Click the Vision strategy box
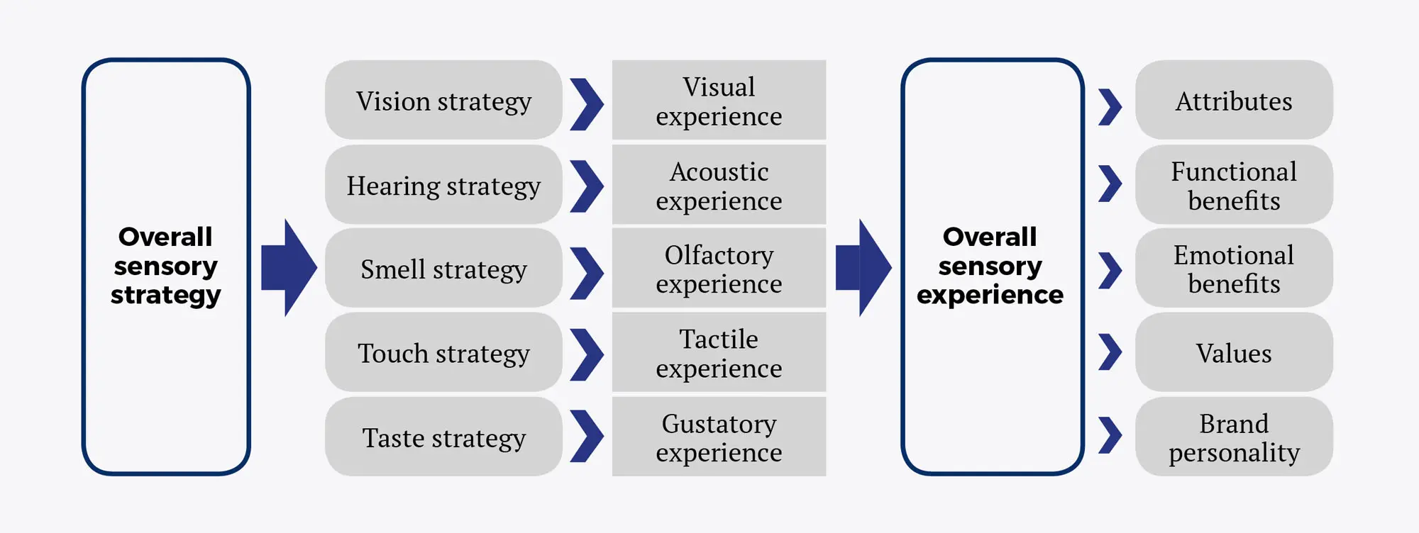pos(443,100)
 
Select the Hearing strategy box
pos(443,185)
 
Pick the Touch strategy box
pos(443,352)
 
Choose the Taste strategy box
pos(443,437)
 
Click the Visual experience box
pos(719,100)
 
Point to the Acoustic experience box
pos(719,185)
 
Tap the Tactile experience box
pos(719,352)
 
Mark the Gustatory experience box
pos(719,437)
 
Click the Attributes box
pos(1234,100)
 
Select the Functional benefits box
pos(1234,185)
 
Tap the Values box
pos(1234,352)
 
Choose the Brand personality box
pos(1234,437)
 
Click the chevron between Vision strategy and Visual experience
pos(587,104)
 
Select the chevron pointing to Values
pos(1110,352)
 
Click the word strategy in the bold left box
pos(165,295)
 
